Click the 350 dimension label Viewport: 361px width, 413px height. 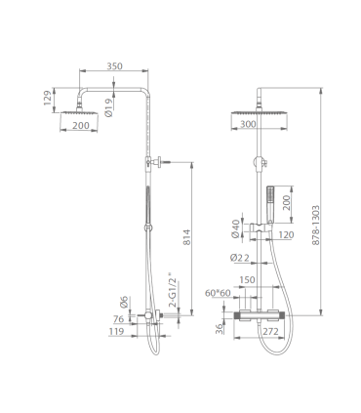(115, 66)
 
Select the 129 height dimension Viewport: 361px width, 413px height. (48, 98)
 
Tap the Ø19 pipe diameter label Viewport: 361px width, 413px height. (108, 107)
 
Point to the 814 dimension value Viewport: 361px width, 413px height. (186, 237)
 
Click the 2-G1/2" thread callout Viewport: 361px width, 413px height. (174, 290)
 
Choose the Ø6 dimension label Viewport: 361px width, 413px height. (124, 302)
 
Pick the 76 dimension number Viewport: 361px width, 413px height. (119, 319)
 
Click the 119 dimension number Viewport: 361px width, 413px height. (116, 331)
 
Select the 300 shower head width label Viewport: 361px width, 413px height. (248, 124)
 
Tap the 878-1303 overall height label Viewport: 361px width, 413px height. (315, 226)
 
